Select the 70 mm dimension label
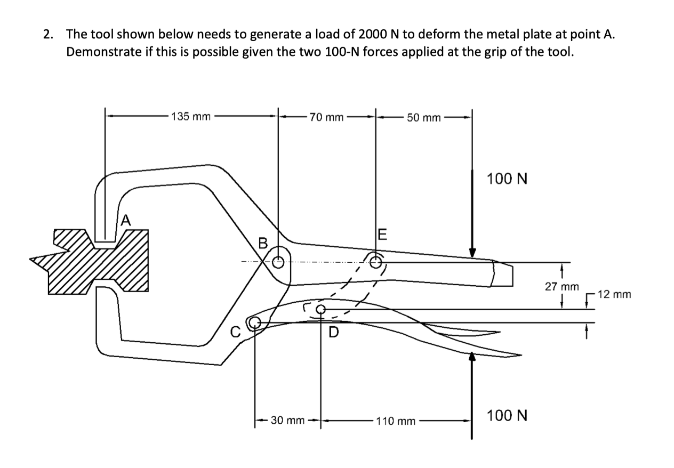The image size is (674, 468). [326, 117]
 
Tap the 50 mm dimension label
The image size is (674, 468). [423, 117]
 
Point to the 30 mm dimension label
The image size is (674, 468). [287, 421]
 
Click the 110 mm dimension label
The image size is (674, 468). [395, 421]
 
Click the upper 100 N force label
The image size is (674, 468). [507, 179]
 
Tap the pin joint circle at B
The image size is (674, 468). [278, 262]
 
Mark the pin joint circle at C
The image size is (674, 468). [255, 321]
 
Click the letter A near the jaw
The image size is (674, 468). [125, 219]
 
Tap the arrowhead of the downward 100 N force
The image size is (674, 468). [472, 252]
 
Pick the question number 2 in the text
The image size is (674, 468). [48, 35]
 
